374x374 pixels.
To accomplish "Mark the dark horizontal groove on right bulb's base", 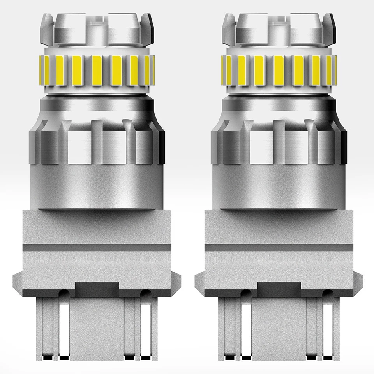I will (279, 247).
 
